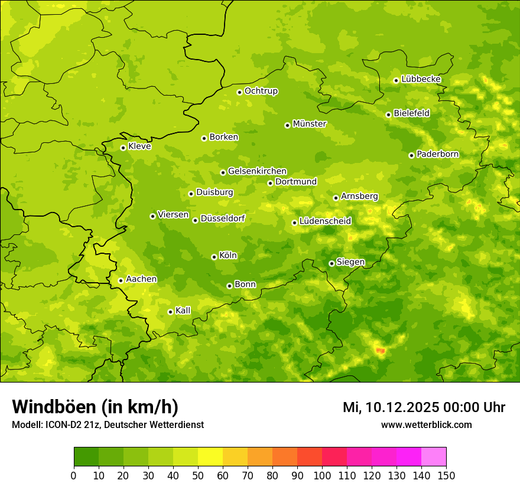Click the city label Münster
(309, 124)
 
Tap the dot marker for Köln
(214, 257)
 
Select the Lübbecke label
(421, 79)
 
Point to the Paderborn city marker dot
(411, 155)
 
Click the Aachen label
(141, 279)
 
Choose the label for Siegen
(350, 262)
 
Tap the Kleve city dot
(123, 148)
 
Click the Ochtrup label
(261, 91)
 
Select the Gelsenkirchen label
(257, 171)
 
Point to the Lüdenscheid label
(325, 221)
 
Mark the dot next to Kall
(170, 312)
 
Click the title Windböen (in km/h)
(95, 407)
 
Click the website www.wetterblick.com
(426, 425)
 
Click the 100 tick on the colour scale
(322, 475)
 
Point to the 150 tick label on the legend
(446, 475)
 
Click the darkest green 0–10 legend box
(86, 457)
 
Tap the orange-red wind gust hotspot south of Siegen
(380, 351)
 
